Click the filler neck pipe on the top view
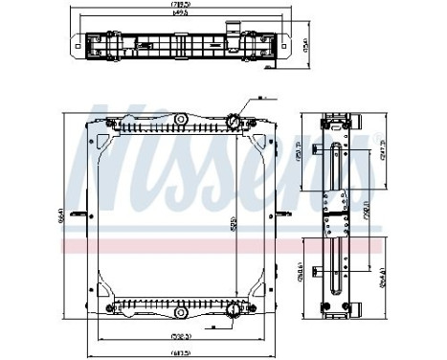[230, 26]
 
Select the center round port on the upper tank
[177, 122]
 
